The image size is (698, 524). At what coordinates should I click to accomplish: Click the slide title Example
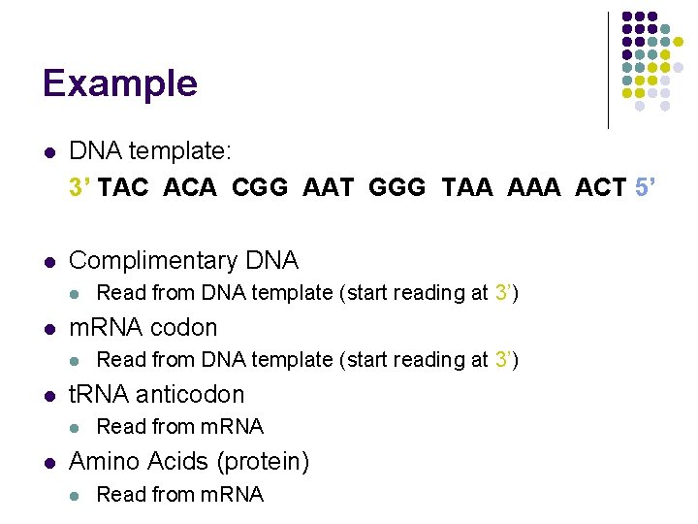click(120, 83)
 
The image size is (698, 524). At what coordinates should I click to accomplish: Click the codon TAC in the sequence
click(123, 188)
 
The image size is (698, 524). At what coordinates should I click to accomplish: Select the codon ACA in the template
click(190, 188)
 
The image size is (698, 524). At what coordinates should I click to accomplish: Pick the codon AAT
click(328, 188)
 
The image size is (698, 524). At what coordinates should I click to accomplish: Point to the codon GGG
click(397, 188)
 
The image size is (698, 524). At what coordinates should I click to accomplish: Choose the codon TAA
click(466, 188)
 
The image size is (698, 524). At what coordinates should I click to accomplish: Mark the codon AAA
click(533, 188)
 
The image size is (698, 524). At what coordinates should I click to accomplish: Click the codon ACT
click(600, 188)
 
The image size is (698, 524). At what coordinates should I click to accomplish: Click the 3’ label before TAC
click(80, 188)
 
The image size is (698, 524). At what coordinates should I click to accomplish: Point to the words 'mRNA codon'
click(143, 327)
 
